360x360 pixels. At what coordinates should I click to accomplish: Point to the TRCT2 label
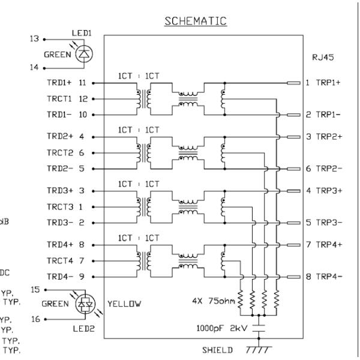(x=61, y=152)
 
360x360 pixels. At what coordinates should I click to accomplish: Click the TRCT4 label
(x=61, y=260)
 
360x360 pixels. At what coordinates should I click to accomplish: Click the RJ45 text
(x=323, y=61)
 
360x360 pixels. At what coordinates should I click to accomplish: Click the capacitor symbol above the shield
(x=259, y=328)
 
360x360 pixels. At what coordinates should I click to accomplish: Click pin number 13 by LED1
(x=34, y=39)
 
